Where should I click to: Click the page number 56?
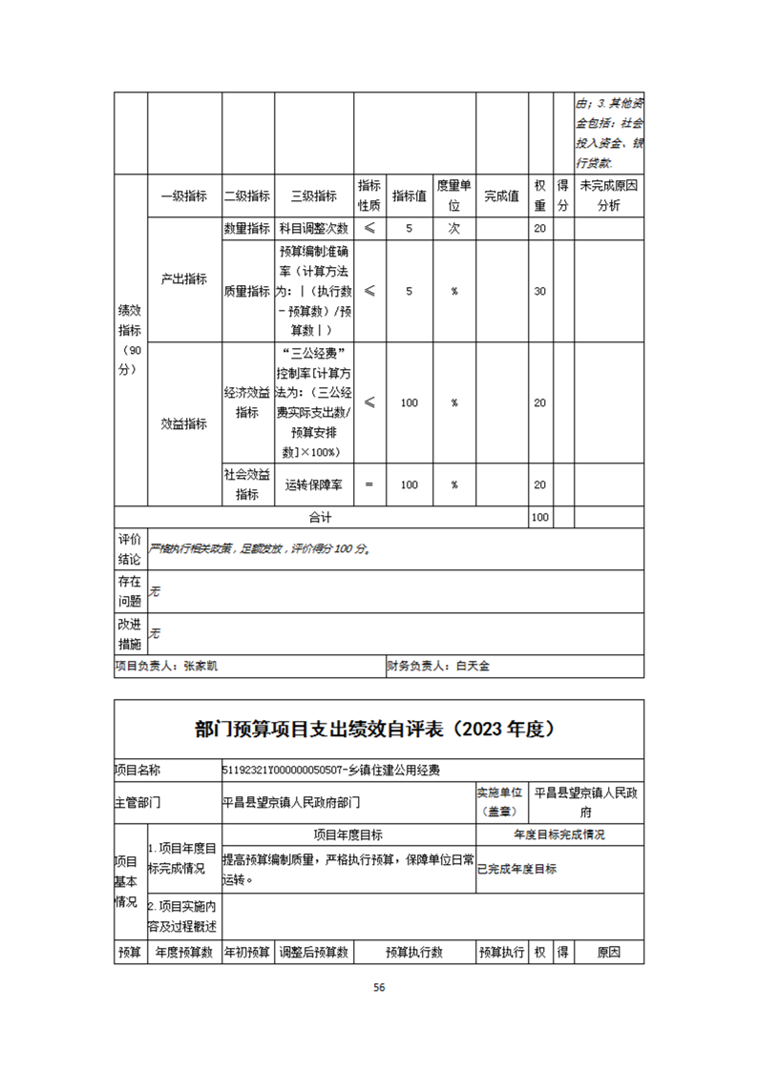point(379,987)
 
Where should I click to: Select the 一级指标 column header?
point(183,196)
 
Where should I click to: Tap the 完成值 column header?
point(501,196)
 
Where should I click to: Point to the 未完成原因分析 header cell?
point(607,195)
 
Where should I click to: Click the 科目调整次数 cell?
point(314,229)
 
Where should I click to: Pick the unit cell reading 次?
point(454,229)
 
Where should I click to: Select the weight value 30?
point(540,291)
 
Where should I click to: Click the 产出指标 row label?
point(183,279)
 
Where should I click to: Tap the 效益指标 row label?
point(183,424)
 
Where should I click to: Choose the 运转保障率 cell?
point(314,484)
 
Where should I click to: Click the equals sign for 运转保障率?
point(369,484)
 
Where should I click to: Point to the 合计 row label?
point(320,517)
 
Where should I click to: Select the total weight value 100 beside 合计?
point(540,517)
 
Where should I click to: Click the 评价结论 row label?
point(130,548)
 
